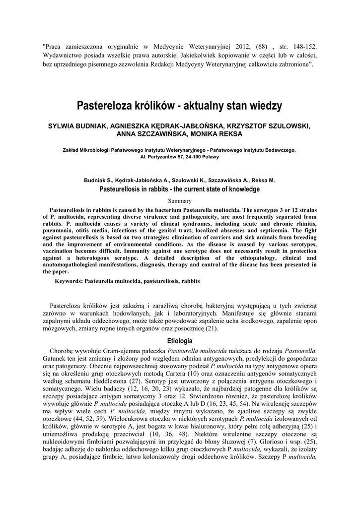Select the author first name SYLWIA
click(x=61, y=126)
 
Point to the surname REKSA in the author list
click(x=231, y=134)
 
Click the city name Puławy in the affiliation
click(x=209, y=157)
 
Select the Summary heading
click(x=180, y=201)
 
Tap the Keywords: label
click(x=69, y=281)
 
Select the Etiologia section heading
click(x=180, y=341)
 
